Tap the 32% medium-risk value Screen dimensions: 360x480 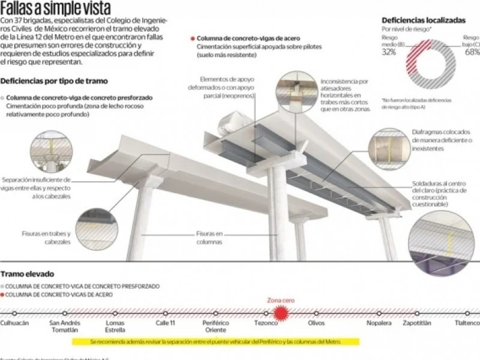[389, 52]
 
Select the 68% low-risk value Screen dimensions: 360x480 [472, 52]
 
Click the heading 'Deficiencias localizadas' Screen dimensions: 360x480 [422, 20]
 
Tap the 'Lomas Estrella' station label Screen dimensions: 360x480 [115, 327]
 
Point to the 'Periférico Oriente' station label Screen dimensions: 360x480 [215, 327]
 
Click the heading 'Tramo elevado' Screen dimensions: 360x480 [29, 274]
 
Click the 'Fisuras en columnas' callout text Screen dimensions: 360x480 [209, 238]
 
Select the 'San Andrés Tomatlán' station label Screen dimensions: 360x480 [64, 327]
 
